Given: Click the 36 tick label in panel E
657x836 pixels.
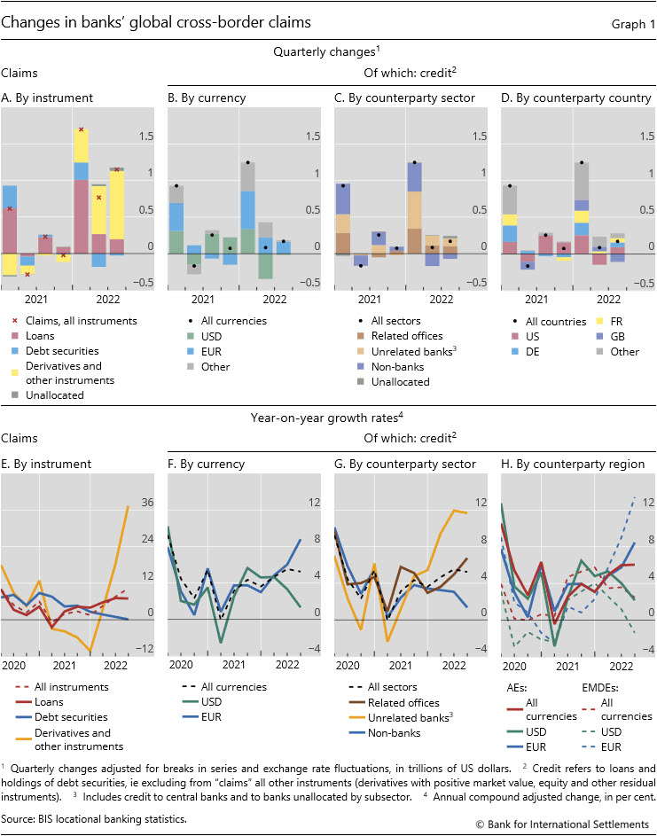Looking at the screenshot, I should tap(148, 503).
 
